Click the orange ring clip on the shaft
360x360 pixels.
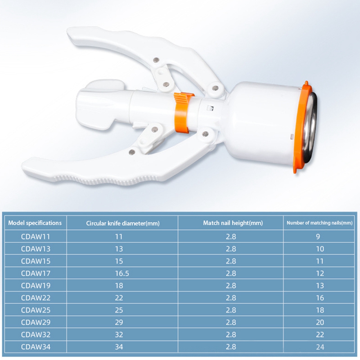coord(182,112)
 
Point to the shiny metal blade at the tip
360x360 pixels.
coord(310,127)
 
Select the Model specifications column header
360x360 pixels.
coord(35,223)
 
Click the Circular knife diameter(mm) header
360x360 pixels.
coord(123,223)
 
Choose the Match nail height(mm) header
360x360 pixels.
coord(233,223)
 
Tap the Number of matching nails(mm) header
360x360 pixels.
coord(320,223)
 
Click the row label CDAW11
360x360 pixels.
coord(35,237)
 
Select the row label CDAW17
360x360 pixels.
coord(36,274)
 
